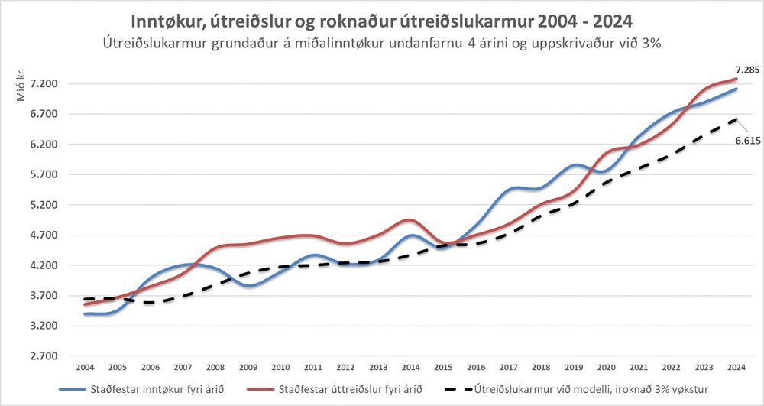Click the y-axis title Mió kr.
coord(21,86)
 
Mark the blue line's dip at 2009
coord(249,287)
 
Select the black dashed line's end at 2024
coord(736,119)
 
